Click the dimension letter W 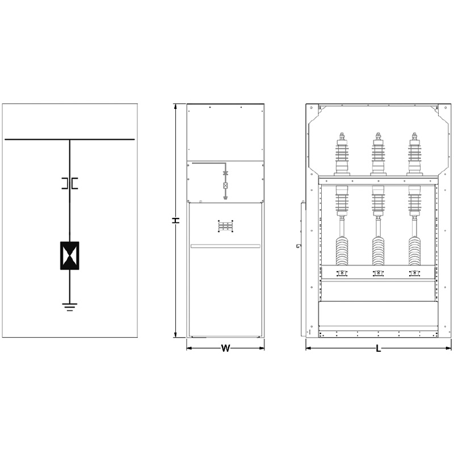pos(225,348)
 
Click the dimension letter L pos(379,348)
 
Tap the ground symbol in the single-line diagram pos(69,307)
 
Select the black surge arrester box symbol pos(69,256)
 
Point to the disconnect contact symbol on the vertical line pos(70,183)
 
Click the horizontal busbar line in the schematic pos(70,140)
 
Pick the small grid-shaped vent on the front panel pos(225,226)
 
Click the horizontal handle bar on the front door pos(225,246)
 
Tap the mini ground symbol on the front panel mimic pos(225,198)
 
